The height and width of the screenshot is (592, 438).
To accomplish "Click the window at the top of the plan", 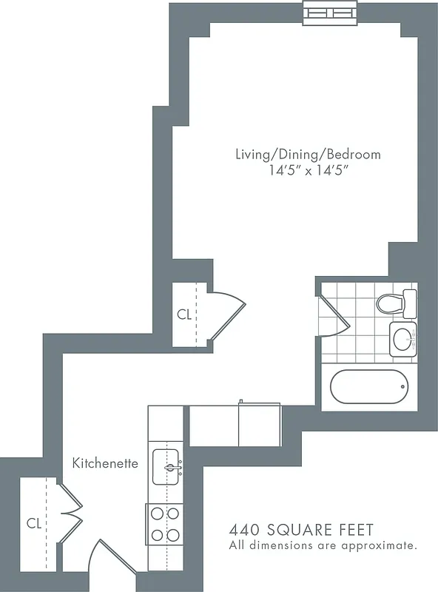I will (x=331, y=12).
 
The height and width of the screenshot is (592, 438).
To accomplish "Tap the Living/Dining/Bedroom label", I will (x=308, y=155).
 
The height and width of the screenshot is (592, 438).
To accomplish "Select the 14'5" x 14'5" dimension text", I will (x=308, y=171).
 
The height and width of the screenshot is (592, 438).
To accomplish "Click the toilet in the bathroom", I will (x=396, y=303).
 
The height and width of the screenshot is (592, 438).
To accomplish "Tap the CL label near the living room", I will (x=184, y=314).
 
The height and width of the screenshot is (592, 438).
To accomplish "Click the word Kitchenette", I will (x=105, y=463).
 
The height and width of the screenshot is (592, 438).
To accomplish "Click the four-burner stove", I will (x=164, y=524).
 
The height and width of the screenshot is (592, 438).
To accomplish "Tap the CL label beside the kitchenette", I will (x=33, y=523).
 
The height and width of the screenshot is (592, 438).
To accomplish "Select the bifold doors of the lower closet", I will (x=70, y=512).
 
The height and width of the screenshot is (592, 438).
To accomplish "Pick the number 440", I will (x=243, y=530).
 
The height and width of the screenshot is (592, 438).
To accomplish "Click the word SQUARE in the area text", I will (x=294, y=530).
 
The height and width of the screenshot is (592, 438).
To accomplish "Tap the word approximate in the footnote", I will (x=381, y=546).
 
